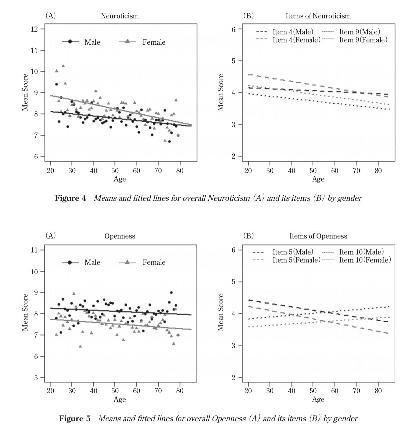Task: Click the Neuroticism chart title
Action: click(x=120, y=16)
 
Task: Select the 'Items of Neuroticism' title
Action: click(x=318, y=16)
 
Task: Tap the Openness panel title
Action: click(x=120, y=236)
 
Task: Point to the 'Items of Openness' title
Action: click(x=318, y=236)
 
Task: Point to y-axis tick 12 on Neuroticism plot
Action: click(x=34, y=29)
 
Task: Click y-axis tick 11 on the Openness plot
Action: click(x=34, y=250)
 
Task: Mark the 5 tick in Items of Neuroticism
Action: click(x=234, y=61)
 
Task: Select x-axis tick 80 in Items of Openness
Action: click(x=378, y=391)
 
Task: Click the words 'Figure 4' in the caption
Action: click(x=70, y=198)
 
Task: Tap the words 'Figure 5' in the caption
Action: click(x=75, y=418)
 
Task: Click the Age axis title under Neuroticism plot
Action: click(x=120, y=179)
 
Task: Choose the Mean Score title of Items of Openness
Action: click(x=220, y=312)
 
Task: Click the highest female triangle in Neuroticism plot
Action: click(x=63, y=66)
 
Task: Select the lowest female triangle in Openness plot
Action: click(x=80, y=346)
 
